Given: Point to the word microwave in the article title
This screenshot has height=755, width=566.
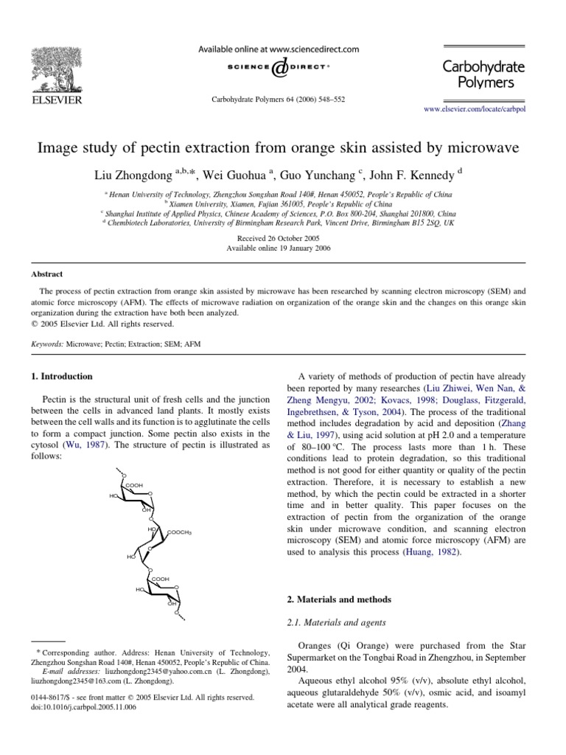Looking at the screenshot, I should tap(483, 147).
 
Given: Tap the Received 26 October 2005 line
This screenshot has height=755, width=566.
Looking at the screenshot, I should tap(278, 239).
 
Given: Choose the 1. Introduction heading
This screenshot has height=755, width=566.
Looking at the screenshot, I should tap(62, 376).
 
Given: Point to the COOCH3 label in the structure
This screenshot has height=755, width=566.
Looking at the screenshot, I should tap(181, 532).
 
